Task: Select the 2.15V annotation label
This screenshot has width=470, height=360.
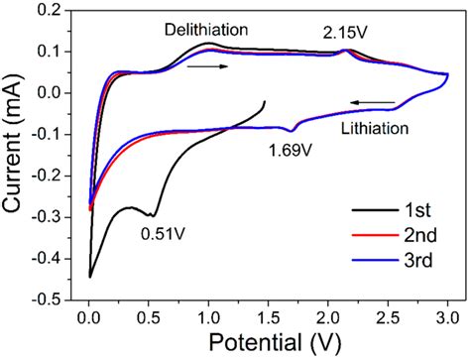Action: [x=345, y=34]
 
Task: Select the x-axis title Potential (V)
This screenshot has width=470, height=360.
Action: [x=269, y=342]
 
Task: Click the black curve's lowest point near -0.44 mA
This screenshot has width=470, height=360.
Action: [x=89, y=277]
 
